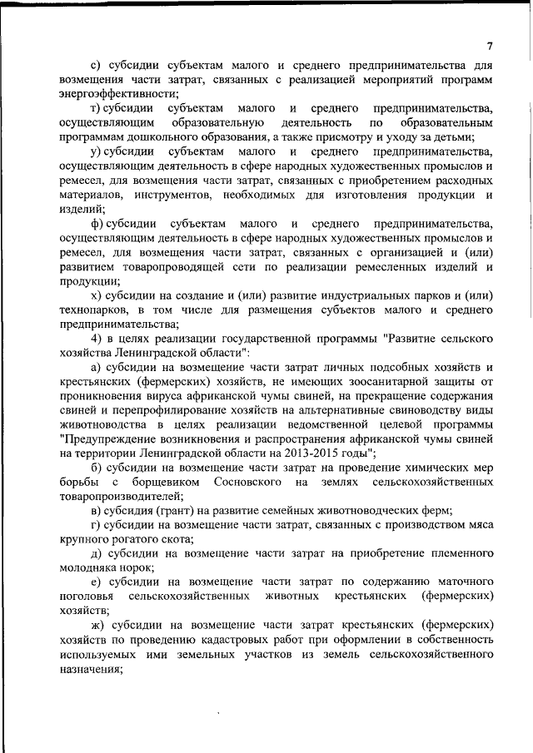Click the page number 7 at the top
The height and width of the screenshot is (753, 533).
[x=490, y=46]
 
